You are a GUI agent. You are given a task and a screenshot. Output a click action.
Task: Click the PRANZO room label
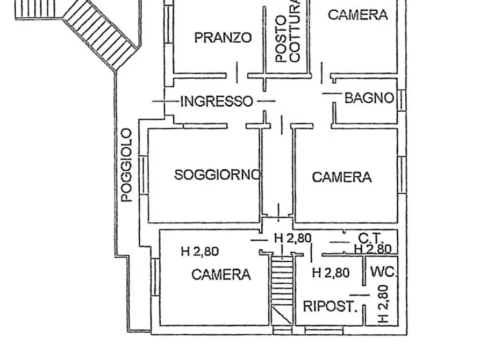(x=223, y=38)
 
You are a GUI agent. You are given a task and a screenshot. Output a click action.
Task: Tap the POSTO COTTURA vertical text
(x=288, y=32)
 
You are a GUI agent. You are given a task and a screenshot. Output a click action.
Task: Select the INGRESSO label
(x=216, y=101)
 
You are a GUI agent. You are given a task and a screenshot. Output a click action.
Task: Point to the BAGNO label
(x=369, y=98)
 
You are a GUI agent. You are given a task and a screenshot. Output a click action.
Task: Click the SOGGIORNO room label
(x=217, y=175)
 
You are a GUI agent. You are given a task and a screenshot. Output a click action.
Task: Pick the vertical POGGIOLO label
(x=126, y=165)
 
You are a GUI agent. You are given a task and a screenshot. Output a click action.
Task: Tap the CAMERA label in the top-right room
(x=358, y=15)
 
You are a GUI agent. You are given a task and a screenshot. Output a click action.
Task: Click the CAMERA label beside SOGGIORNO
(x=342, y=177)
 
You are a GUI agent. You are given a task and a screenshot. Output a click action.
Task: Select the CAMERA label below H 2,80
(x=221, y=275)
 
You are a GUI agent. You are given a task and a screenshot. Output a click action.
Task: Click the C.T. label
(x=370, y=237)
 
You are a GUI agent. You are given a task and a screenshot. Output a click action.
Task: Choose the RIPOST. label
(x=330, y=307)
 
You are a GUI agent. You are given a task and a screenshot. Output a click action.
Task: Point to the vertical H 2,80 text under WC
(x=383, y=304)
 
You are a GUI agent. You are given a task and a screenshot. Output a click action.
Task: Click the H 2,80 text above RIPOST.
(x=331, y=273)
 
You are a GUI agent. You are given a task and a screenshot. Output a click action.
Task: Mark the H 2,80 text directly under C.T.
(x=372, y=248)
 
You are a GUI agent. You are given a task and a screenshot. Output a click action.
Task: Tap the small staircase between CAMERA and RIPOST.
(x=281, y=279)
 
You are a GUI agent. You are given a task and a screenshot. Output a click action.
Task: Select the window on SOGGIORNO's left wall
(x=143, y=175)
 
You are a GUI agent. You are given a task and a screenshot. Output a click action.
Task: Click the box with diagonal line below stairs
(x=281, y=314)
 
